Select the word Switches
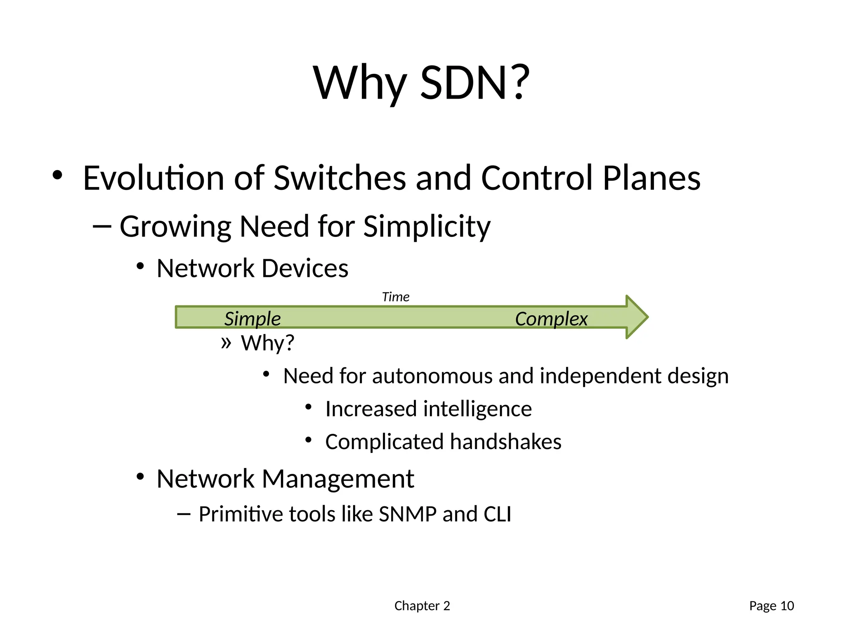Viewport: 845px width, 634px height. click(x=340, y=178)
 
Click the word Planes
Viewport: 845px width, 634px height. click(x=651, y=178)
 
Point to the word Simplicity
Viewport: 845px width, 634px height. click(x=427, y=227)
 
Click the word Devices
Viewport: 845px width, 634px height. click(x=305, y=268)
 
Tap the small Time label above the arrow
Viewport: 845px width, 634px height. click(x=396, y=297)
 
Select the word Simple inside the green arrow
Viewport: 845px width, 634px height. click(x=253, y=319)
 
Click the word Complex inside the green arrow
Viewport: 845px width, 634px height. click(x=551, y=319)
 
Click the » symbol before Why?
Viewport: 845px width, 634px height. click(x=226, y=343)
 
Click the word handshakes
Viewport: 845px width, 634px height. click(x=505, y=442)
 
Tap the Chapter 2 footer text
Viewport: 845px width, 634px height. click(x=422, y=606)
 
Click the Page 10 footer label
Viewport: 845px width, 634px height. click(x=772, y=606)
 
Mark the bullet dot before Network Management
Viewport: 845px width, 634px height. click(x=140, y=477)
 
